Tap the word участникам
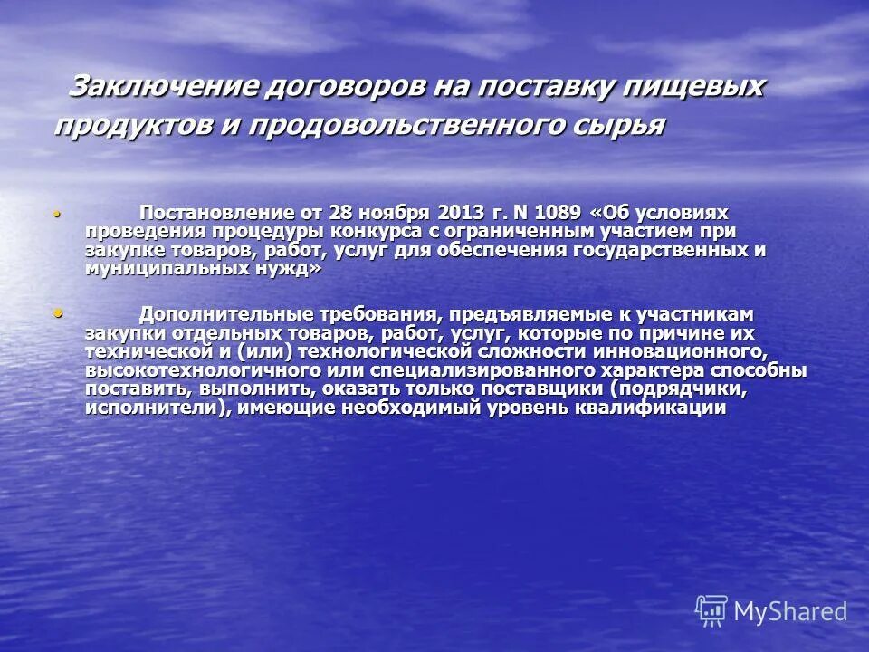click(x=697, y=315)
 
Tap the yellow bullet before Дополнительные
click(x=59, y=313)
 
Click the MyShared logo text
click(x=790, y=611)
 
